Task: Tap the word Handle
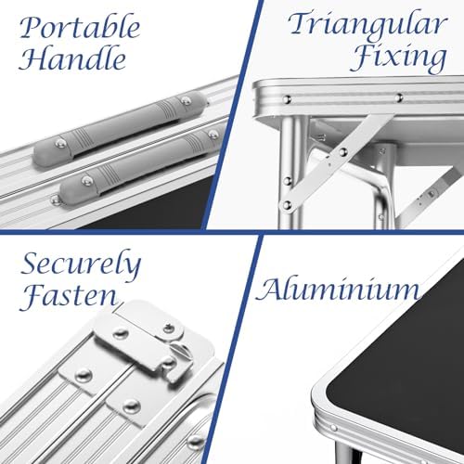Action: [72, 58]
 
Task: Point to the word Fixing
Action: [398, 58]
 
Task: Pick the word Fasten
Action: [69, 294]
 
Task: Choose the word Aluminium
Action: [338, 290]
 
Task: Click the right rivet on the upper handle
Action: [186, 100]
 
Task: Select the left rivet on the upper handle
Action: [61, 143]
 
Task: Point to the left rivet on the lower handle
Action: [87, 181]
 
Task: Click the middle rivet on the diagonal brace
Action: [342, 151]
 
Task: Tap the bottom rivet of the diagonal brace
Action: [288, 204]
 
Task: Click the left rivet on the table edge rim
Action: [287, 99]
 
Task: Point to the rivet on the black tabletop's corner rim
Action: [333, 428]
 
